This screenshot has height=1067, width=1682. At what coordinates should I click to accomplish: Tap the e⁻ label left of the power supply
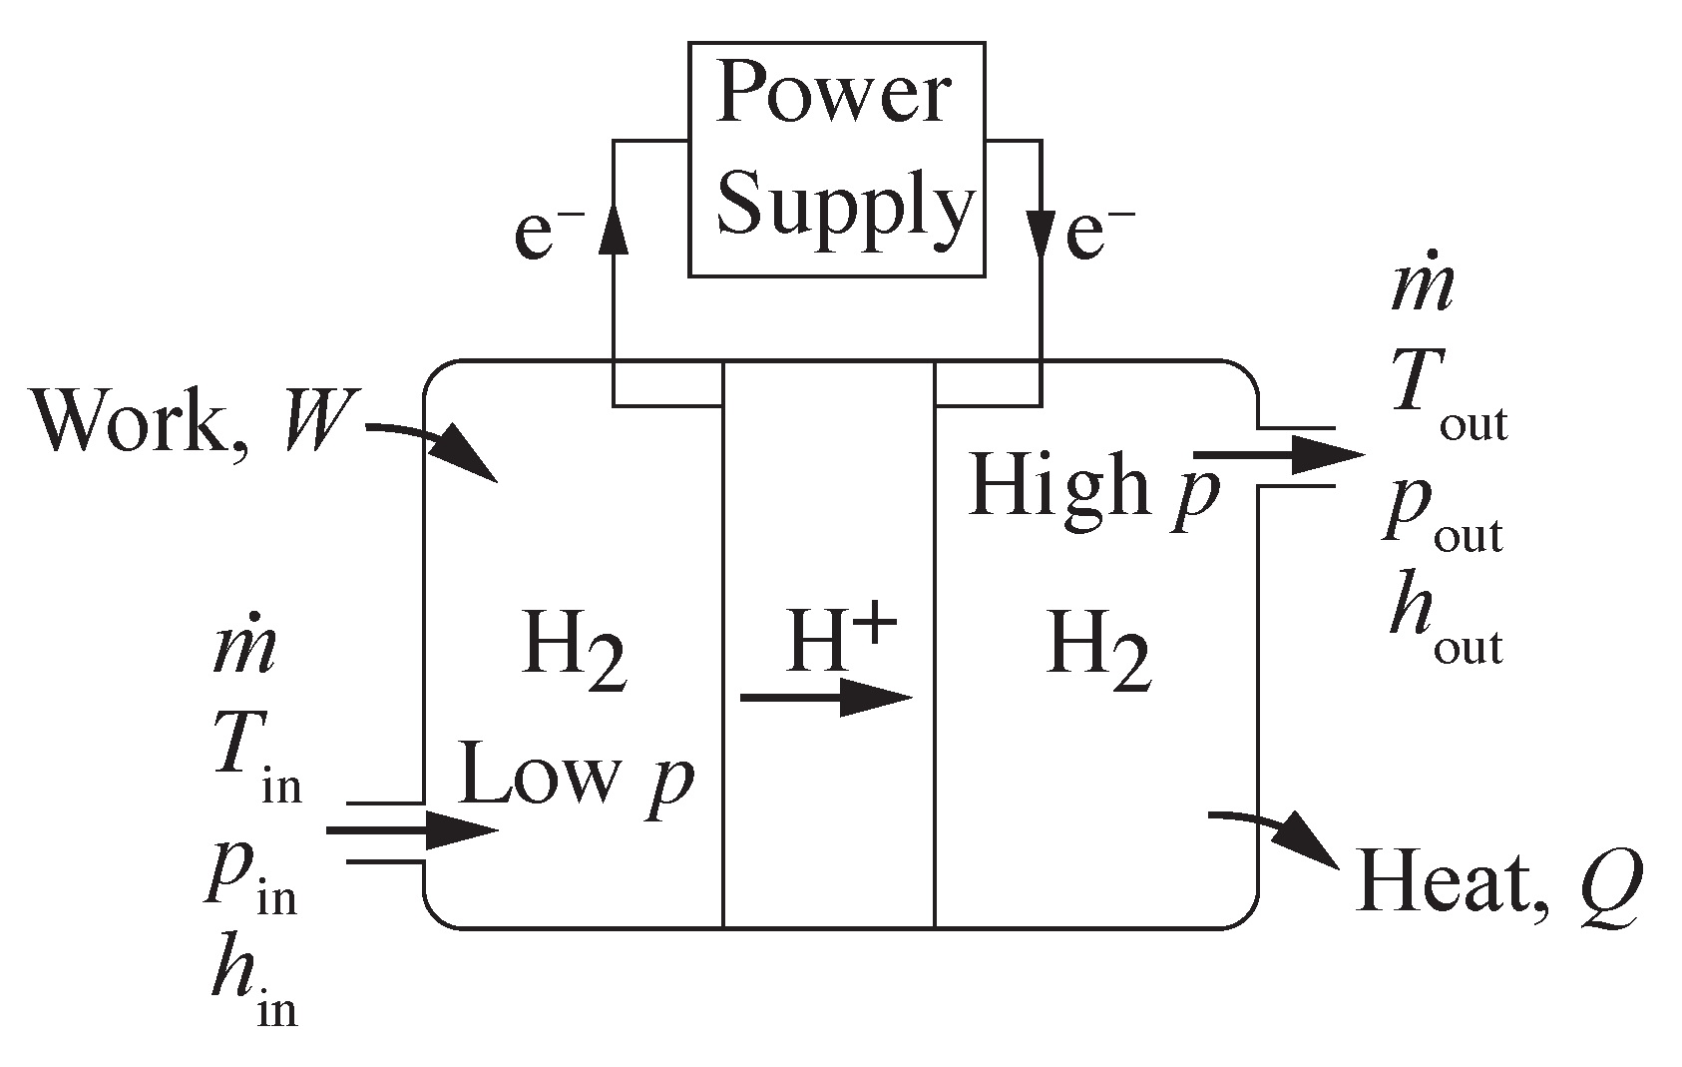click(547, 236)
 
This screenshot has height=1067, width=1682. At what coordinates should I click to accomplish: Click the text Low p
click(576, 779)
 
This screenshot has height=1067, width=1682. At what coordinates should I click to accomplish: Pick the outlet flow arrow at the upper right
click(1277, 456)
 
